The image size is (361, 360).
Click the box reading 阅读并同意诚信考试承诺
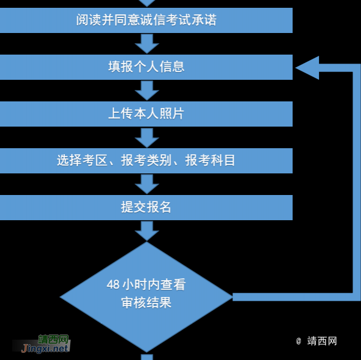coord(146,20)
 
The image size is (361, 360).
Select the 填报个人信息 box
coord(146,67)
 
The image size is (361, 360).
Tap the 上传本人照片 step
coord(146,114)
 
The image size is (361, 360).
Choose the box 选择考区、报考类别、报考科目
coord(146,161)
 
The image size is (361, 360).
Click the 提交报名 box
coord(146,208)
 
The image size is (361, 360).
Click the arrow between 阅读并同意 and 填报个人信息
coord(147,43)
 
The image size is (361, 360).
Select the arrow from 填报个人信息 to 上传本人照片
coord(147,90)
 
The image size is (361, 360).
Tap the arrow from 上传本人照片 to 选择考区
coord(147,137)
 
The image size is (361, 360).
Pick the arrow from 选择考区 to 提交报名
coord(147,184)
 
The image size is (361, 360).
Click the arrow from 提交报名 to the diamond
coord(147,231)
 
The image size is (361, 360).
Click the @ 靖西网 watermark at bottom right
coord(317,341)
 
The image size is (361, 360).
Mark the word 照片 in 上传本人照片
coord(172,114)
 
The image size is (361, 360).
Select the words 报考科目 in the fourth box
coord(210,161)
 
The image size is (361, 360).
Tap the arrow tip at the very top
coord(147,3)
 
